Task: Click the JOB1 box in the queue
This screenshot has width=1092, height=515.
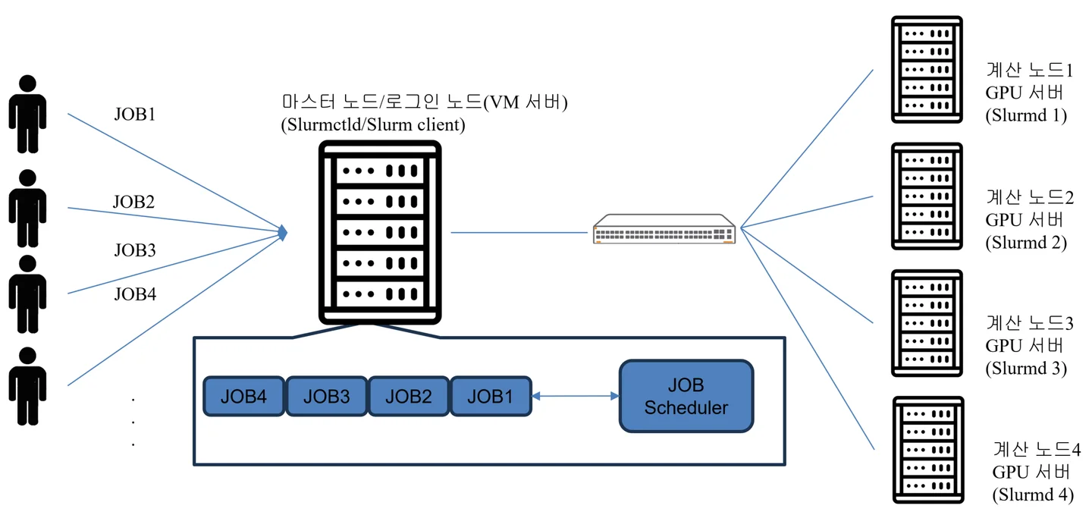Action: (491, 396)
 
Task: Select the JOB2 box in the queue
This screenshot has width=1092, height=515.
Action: (409, 396)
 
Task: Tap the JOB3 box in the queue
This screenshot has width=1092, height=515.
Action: (326, 396)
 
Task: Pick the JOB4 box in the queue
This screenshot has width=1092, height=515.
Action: (243, 396)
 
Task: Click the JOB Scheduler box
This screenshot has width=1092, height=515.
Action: (686, 397)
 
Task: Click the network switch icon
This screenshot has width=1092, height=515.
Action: (664, 229)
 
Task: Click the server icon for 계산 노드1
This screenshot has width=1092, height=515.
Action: (927, 70)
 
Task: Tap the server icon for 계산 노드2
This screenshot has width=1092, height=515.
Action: (927, 196)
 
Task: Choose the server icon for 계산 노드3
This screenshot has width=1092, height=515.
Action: (927, 323)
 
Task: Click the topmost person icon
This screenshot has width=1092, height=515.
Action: (27, 114)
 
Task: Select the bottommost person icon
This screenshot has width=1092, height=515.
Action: (27, 385)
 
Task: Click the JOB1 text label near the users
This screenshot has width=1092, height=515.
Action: (134, 115)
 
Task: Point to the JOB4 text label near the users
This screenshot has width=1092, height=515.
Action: (134, 294)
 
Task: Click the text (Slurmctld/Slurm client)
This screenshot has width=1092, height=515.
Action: (372, 125)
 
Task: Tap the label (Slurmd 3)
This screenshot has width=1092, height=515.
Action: (1026, 369)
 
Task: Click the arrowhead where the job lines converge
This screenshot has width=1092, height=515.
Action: (283, 232)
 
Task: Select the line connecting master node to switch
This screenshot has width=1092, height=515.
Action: (520, 232)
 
